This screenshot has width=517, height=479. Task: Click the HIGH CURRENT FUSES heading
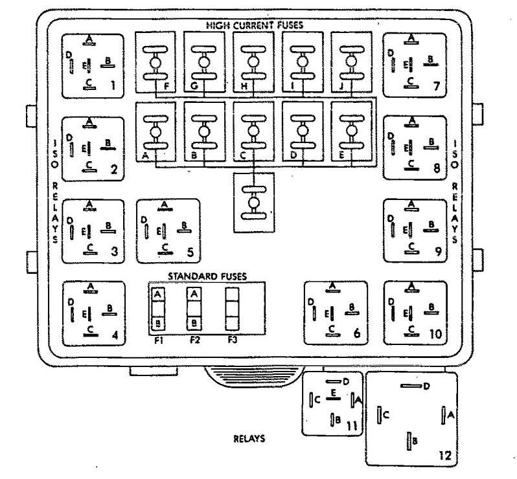pos(255,26)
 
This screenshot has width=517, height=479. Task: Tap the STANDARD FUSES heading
pos(207,276)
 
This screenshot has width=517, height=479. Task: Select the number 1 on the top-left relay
pos(113,84)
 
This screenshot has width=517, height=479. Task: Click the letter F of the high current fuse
pos(167,84)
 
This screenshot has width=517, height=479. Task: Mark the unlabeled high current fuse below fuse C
pos(253,201)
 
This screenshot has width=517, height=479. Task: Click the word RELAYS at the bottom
pos(249,438)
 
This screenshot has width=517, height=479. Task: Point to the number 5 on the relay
pos(190,251)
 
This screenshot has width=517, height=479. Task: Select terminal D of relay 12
pos(426,386)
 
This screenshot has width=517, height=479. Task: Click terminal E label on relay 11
pos(333,392)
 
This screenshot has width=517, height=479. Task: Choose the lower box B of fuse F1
pos(157,322)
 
